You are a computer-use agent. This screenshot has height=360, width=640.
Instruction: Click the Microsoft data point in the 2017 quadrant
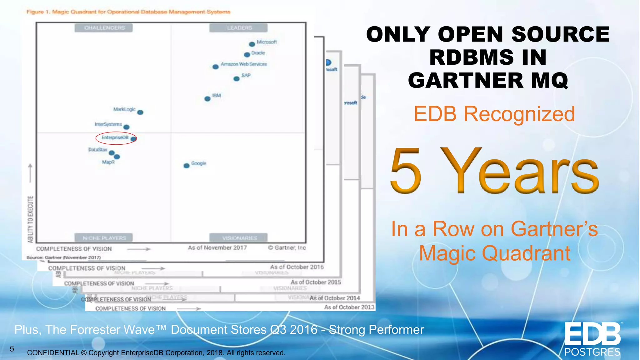[x=252, y=44]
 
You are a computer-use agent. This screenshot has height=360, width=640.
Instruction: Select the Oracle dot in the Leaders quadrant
[x=247, y=55]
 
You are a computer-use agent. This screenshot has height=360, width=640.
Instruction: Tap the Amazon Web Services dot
[x=215, y=67]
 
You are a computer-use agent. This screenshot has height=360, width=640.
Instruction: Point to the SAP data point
[x=237, y=79]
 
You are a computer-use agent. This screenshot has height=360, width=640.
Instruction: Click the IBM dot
[x=207, y=99]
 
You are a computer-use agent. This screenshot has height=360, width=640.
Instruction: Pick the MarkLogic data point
[x=140, y=112]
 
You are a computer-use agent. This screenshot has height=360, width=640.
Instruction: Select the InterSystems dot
[x=126, y=127]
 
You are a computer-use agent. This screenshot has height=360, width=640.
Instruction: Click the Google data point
[x=187, y=166]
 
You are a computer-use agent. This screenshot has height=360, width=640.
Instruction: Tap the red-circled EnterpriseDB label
[x=115, y=138]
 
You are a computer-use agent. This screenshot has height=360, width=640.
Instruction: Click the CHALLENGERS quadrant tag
[x=104, y=28]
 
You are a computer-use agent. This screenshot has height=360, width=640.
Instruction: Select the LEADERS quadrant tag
[x=239, y=28]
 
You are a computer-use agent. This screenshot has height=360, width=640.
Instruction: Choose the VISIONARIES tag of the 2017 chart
[x=239, y=238]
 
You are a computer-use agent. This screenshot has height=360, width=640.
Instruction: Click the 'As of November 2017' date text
[x=217, y=248]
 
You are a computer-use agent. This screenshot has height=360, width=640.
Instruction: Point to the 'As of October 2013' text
[x=349, y=307]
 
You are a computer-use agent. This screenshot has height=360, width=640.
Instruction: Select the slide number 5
[x=12, y=349]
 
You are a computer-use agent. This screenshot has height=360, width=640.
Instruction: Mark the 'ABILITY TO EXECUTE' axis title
[x=30, y=219]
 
